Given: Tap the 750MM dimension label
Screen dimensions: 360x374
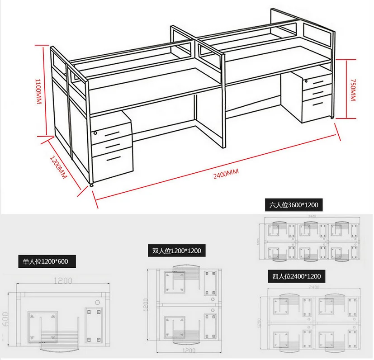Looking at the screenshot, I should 353,89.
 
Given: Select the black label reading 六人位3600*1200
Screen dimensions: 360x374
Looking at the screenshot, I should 294,205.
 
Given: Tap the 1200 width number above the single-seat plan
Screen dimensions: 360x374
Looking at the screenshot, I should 64,280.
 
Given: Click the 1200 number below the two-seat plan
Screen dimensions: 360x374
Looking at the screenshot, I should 185,349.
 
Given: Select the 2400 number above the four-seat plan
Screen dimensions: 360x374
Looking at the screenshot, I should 313,287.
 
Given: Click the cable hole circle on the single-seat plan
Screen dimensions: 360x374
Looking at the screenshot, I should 96,302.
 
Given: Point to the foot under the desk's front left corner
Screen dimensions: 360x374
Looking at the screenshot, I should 93,185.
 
